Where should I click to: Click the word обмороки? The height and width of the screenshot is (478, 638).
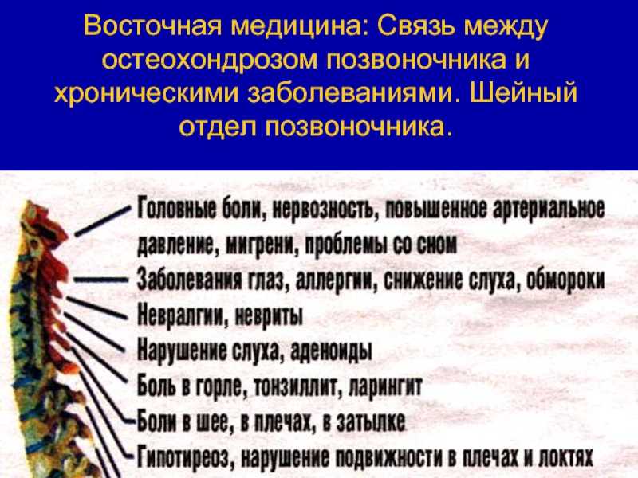[x=565, y=280]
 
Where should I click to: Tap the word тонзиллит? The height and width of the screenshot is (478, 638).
[x=295, y=386]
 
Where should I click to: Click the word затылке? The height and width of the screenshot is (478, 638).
[x=372, y=421]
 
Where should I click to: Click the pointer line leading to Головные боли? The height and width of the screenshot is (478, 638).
[x=103, y=221]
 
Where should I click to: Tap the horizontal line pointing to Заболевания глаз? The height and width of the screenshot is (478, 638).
[x=101, y=280]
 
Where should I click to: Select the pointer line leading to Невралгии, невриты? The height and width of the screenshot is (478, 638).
[x=96, y=308]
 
